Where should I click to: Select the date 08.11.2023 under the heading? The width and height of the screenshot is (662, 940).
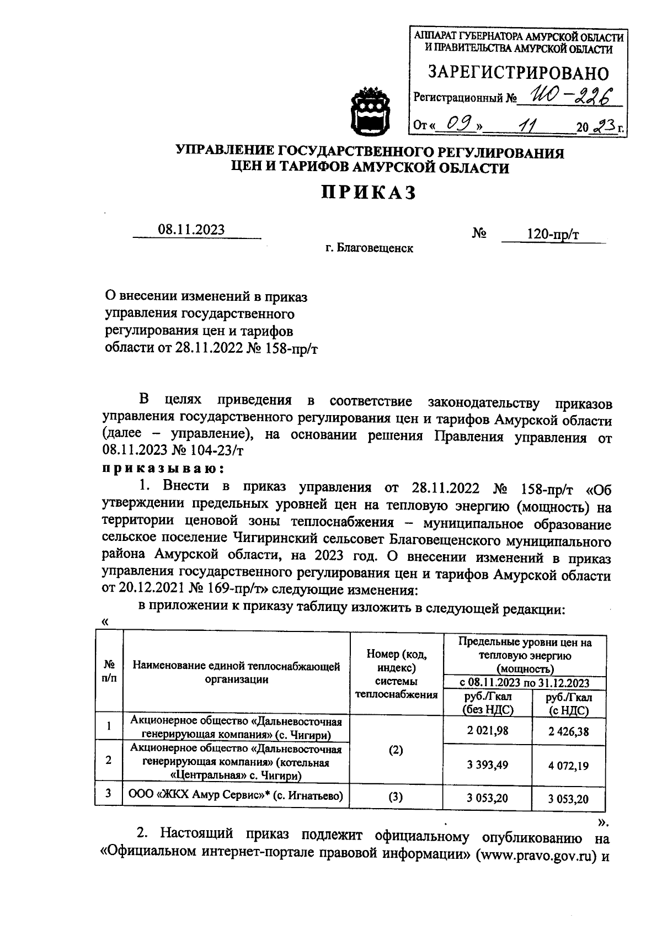point(191,230)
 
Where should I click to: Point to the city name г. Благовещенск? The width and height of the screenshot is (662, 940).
point(369,248)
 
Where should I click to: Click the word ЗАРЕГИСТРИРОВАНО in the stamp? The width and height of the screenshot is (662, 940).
point(519,73)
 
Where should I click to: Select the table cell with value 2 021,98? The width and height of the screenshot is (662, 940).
point(487,730)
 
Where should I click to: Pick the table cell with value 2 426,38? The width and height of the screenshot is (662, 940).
point(569,731)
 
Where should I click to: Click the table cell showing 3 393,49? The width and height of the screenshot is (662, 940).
point(487,764)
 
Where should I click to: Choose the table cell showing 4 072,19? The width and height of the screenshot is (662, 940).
point(569,766)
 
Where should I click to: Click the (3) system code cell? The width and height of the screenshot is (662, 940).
point(396,797)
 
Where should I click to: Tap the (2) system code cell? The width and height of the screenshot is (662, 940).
point(396,750)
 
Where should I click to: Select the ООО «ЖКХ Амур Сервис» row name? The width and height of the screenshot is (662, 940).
point(236,796)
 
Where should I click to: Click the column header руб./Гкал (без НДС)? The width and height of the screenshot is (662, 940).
point(487,704)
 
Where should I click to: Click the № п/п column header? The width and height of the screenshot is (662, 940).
point(109,672)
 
